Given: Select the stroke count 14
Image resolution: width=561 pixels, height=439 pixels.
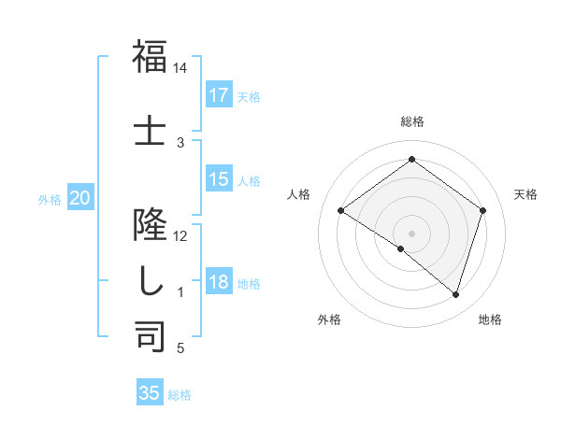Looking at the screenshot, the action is click(180, 69).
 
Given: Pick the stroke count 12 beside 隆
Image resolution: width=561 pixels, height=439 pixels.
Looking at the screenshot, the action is click(180, 235).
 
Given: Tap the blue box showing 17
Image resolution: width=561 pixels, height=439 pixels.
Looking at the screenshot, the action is click(219, 94).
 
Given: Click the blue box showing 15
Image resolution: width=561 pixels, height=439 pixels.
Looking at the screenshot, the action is click(219, 179).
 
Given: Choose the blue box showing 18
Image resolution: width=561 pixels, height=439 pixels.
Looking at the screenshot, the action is click(219, 282).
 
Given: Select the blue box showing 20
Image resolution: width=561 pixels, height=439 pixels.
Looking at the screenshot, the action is click(80, 198).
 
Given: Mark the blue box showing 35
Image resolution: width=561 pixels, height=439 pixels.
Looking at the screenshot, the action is click(150, 393).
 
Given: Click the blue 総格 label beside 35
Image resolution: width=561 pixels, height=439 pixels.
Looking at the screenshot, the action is click(180, 395).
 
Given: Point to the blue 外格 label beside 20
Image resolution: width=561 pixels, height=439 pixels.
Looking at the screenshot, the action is click(50, 199).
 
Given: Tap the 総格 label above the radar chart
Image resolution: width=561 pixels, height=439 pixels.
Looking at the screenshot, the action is click(412, 121).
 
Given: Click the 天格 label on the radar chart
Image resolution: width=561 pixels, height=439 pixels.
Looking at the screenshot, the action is click(525, 194).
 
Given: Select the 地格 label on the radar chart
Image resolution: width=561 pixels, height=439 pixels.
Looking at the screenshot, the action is click(490, 319).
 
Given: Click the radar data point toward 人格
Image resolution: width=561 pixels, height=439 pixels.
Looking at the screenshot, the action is click(341, 211).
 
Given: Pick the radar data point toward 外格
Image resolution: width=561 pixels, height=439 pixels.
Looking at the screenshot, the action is click(401, 248).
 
